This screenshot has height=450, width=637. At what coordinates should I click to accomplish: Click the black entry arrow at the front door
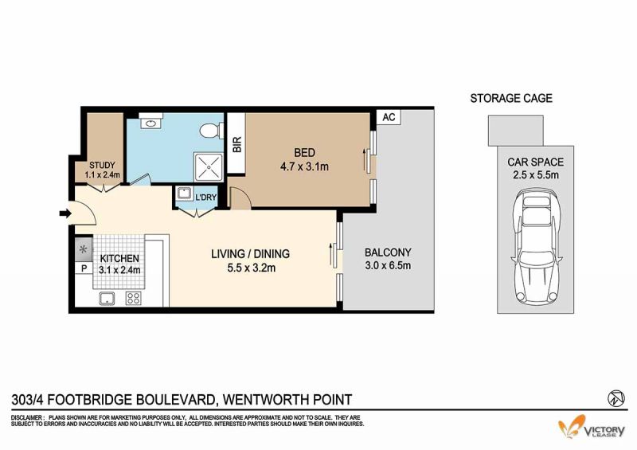tap(65, 213)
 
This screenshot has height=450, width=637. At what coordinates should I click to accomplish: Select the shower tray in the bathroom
tap(209, 167)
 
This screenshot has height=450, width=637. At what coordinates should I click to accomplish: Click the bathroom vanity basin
tap(150, 121)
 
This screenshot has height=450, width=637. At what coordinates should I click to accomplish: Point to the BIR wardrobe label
tap(236, 144)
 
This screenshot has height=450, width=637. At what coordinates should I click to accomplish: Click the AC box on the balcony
tap(389, 117)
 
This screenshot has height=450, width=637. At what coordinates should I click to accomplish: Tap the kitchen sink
tap(107, 299)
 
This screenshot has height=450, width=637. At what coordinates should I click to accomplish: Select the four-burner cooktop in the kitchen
tap(133, 299)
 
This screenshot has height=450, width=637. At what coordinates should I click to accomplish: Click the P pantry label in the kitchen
tap(84, 268)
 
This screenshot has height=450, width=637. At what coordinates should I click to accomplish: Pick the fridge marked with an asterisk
tap(84, 248)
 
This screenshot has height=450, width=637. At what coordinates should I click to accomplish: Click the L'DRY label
tap(206, 198)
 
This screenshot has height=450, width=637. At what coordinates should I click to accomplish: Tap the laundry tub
tap(185, 194)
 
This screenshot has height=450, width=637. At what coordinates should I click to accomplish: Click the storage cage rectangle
tap(515, 131)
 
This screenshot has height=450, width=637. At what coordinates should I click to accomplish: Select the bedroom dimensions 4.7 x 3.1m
tap(304, 166)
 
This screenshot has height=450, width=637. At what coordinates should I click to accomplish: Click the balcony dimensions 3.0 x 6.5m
tap(388, 266)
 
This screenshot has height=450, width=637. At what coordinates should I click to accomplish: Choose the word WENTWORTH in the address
tap(265, 400)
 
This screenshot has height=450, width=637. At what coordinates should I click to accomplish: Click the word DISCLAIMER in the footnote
tap(27, 417)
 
